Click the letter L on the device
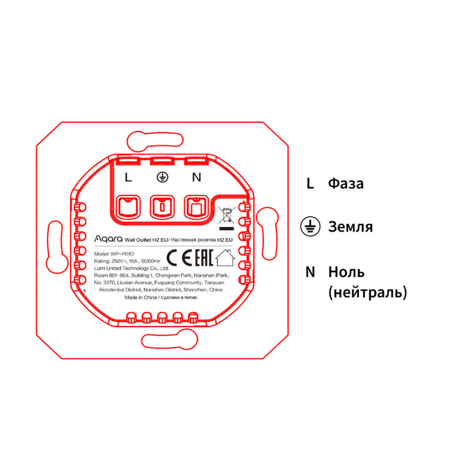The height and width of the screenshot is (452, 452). point(128,177)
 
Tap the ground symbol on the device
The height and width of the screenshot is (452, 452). point(162,177)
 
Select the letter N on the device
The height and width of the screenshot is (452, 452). point(196,177)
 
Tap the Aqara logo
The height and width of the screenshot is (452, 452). point(108,239)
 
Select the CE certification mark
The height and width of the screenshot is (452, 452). point(179,258)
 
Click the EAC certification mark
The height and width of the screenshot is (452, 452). point(204,258)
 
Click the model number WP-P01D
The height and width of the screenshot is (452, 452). point(122,254)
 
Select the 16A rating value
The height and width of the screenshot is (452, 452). point(133,261)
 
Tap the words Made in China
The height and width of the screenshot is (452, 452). point(141,297)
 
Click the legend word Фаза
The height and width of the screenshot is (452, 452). point(346,183)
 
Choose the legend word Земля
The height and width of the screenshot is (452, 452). point(350,227)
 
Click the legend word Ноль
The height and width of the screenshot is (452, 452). point(347,272)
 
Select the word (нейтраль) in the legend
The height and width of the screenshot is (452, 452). point(368,292)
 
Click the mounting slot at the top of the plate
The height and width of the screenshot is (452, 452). point(155,141)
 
